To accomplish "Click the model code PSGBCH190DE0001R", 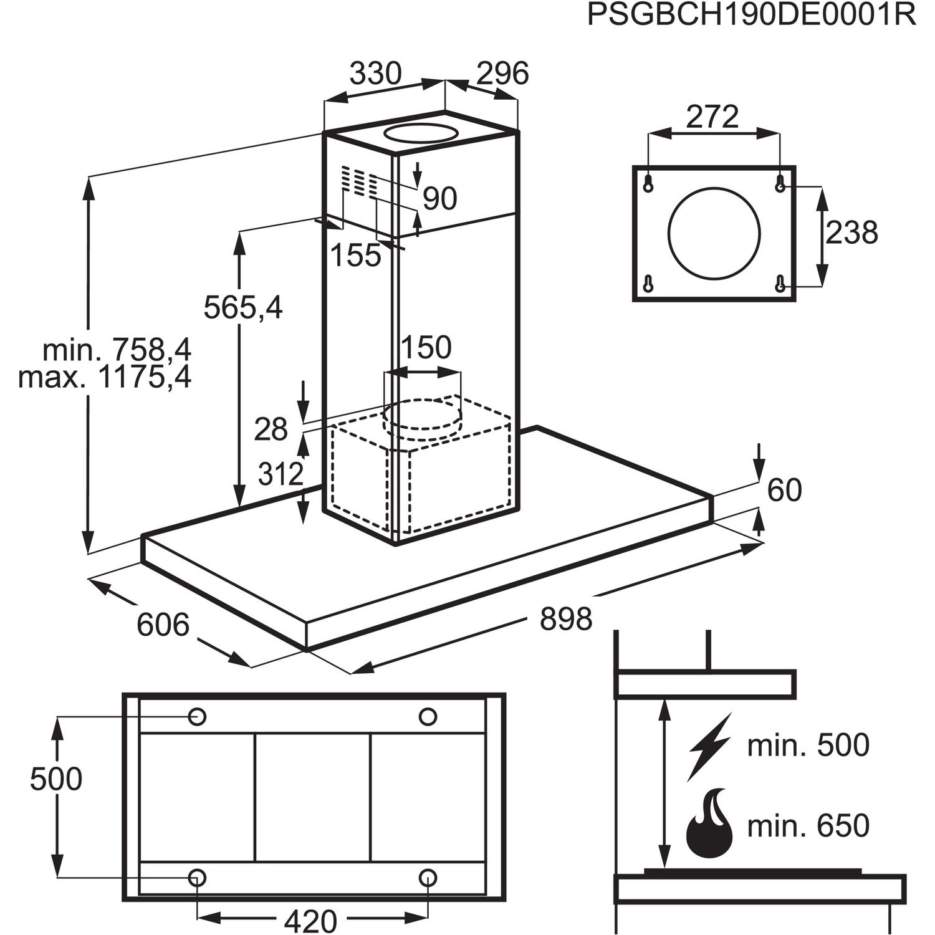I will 752,15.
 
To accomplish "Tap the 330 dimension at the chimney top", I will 375,74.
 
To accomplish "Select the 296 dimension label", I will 502,74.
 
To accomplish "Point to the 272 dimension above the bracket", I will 712,116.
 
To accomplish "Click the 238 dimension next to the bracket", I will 851,233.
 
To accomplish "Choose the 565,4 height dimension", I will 244,307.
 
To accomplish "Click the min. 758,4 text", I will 117,350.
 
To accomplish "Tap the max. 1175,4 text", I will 105,377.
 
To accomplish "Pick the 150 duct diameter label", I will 426,348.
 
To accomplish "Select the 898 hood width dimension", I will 566,620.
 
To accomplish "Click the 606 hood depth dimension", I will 163,625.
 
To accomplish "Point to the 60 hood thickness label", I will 784,490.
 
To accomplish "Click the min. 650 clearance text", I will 808,826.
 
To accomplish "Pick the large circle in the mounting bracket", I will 714,233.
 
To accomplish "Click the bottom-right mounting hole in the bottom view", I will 428,878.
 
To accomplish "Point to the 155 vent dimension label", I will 355,255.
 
